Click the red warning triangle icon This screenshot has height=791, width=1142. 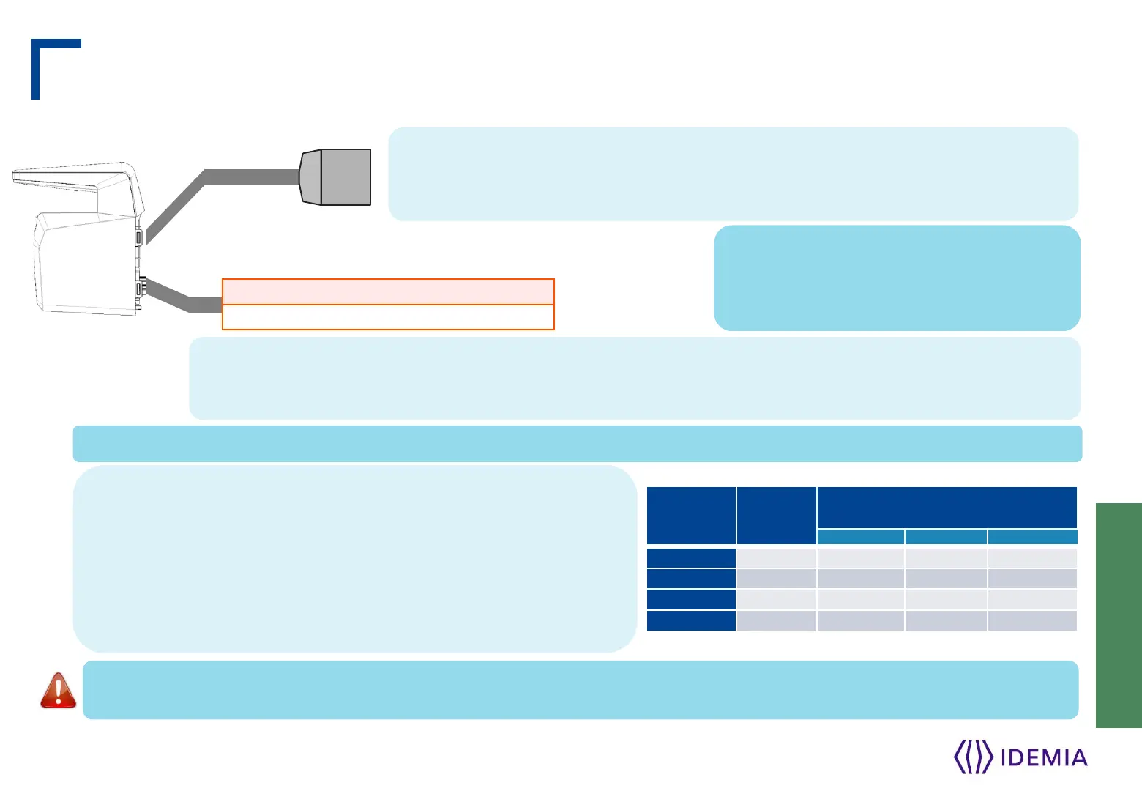pyautogui.click(x=58, y=690)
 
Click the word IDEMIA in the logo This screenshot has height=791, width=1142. pyautogui.click(x=1043, y=757)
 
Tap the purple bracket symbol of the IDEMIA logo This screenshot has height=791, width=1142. pyautogui.click(x=973, y=757)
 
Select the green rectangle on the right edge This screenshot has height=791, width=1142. pyautogui.click(x=1119, y=615)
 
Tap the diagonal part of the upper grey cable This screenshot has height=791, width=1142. pyautogui.click(x=176, y=207)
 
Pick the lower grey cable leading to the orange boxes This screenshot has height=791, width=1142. pyautogui.click(x=179, y=296)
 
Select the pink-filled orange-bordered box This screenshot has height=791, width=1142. pyautogui.click(x=388, y=291)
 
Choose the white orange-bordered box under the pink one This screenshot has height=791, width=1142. pyautogui.click(x=388, y=317)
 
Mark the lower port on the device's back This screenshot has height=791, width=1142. pyautogui.click(x=138, y=289)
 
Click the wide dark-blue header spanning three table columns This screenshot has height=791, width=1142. pyautogui.click(x=947, y=507)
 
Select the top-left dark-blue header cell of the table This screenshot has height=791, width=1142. pyautogui.click(x=691, y=516)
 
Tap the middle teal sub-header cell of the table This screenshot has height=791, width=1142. pyautogui.click(x=946, y=537)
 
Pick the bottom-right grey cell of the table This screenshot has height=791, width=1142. pyautogui.click(x=1032, y=621)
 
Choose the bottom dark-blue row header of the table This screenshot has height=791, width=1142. pyautogui.click(x=691, y=621)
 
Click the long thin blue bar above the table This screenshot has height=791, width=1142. pyautogui.click(x=577, y=444)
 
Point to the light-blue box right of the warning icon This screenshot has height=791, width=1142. pyautogui.click(x=580, y=690)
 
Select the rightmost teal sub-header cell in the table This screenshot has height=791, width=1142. pyautogui.click(x=1032, y=537)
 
